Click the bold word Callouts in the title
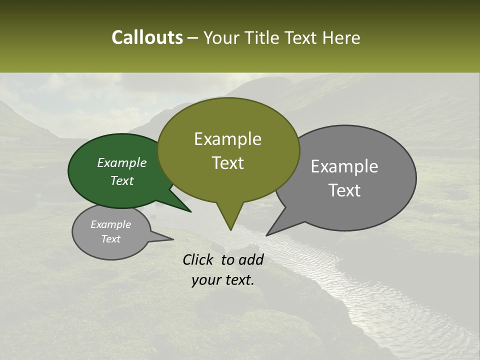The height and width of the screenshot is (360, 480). pyautogui.click(x=147, y=37)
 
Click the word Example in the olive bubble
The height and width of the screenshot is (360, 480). pyautogui.click(x=227, y=139)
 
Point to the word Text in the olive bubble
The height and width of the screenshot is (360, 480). pyautogui.click(x=227, y=163)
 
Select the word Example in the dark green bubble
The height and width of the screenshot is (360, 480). pyautogui.click(x=122, y=162)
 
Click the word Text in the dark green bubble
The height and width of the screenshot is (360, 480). pyautogui.click(x=122, y=180)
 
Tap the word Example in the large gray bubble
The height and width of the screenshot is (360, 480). pyautogui.click(x=344, y=166)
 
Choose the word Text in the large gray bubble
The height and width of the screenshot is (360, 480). pyautogui.click(x=344, y=190)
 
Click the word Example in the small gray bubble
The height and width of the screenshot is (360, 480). pyautogui.click(x=110, y=224)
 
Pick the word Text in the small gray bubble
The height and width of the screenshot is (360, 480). pyautogui.click(x=110, y=239)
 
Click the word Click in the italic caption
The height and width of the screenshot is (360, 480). pyautogui.click(x=198, y=259)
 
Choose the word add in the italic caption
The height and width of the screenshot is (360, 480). pyautogui.click(x=251, y=259)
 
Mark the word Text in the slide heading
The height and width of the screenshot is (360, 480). pyautogui.click(x=301, y=37)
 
